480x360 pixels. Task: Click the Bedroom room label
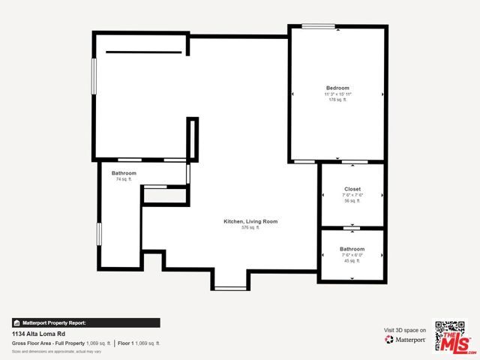(337, 88)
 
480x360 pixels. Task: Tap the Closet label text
(352, 189)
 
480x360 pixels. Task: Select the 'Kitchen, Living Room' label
(250, 221)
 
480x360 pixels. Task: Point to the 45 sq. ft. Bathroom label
(352, 249)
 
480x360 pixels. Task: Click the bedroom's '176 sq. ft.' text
(337, 100)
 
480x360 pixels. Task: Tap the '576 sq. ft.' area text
(250, 227)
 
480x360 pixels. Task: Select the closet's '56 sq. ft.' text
(352, 201)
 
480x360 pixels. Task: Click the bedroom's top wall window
(318, 27)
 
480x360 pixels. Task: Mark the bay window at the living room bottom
(230, 287)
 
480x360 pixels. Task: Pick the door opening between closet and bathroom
(351, 227)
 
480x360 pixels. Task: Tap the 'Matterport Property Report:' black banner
(85, 322)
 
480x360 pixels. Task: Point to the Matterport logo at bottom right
(405, 340)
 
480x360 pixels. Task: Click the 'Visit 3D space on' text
(405, 330)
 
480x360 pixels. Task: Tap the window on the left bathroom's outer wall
(99, 233)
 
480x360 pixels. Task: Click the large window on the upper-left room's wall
(94, 76)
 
